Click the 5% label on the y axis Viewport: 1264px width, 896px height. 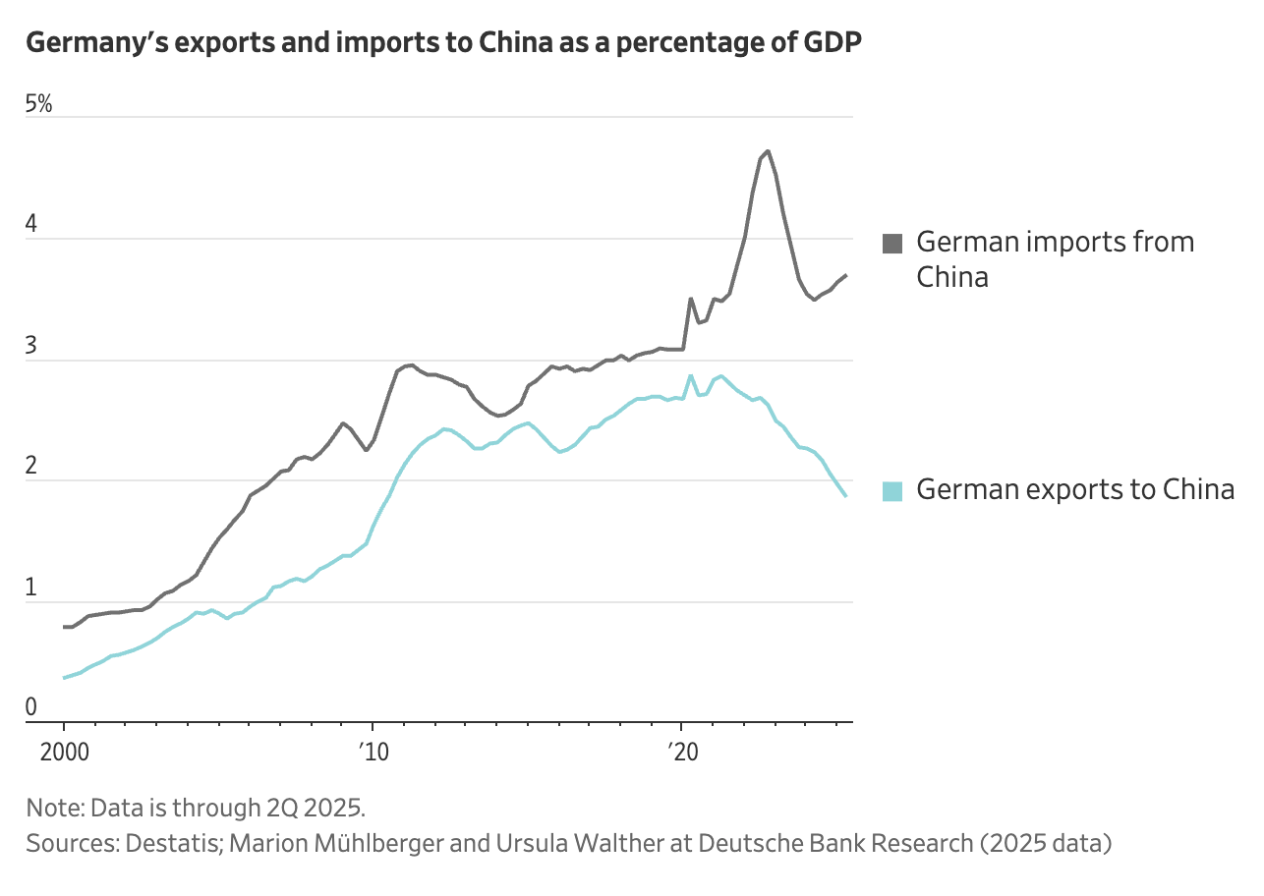coord(38,104)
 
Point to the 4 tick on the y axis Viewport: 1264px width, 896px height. coord(31,225)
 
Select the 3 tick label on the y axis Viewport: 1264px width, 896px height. coord(31,346)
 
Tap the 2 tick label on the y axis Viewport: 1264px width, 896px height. coord(31,467)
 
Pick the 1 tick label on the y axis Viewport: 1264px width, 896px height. coord(31,588)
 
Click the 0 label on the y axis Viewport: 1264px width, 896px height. coord(31,707)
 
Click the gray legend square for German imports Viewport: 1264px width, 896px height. coord(892,244)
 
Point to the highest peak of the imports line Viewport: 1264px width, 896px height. coord(768,151)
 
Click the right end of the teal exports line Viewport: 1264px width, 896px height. coord(845,496)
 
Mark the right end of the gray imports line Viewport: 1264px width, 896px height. coord(846,276)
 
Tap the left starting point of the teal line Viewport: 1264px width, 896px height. coord(64,678)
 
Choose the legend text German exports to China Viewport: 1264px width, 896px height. coord(1075,489)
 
